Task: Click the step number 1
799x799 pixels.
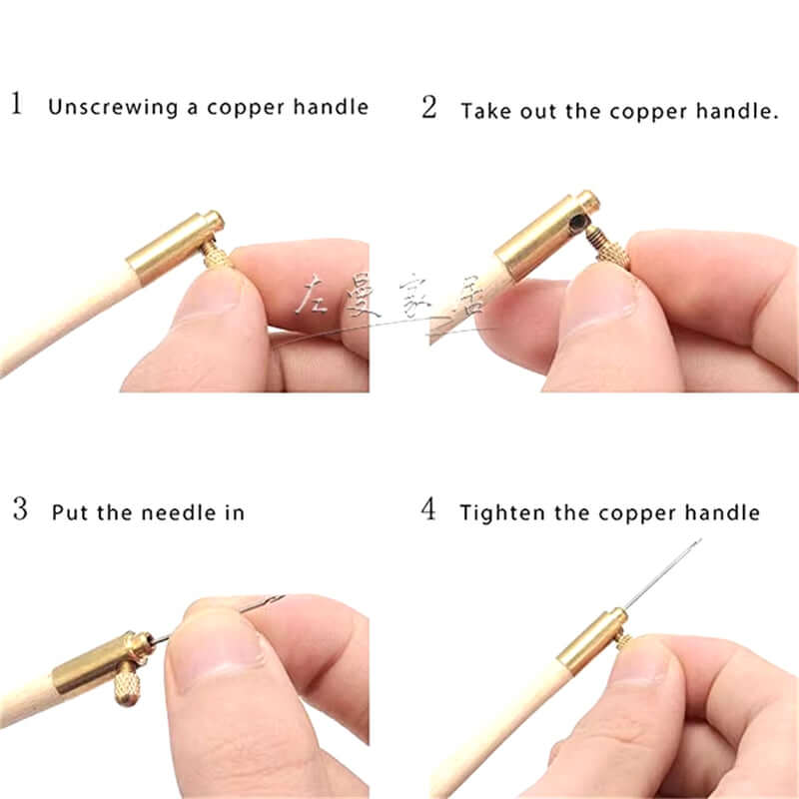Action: coord(17,104)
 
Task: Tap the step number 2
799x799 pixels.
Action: coord(429,107)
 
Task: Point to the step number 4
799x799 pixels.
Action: coord(429,509)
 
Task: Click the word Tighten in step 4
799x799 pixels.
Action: coord(499,513)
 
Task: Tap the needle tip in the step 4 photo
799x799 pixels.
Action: coord(699,541)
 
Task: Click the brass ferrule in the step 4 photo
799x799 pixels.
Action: coord(592,639)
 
